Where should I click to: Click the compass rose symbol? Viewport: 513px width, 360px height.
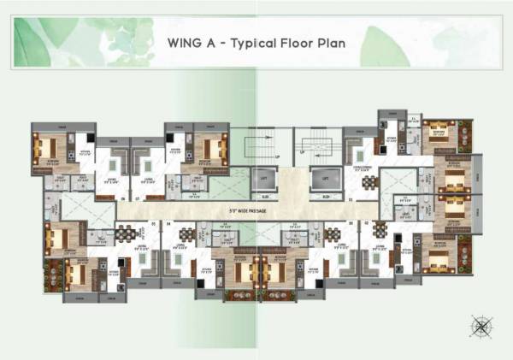point(481,325)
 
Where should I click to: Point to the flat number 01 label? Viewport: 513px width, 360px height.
point(350,198)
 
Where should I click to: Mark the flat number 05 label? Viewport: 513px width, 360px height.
point(155,224)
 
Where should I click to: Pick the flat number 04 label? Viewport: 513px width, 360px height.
point(168,224)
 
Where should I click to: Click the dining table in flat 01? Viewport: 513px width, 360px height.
point(369,182)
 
